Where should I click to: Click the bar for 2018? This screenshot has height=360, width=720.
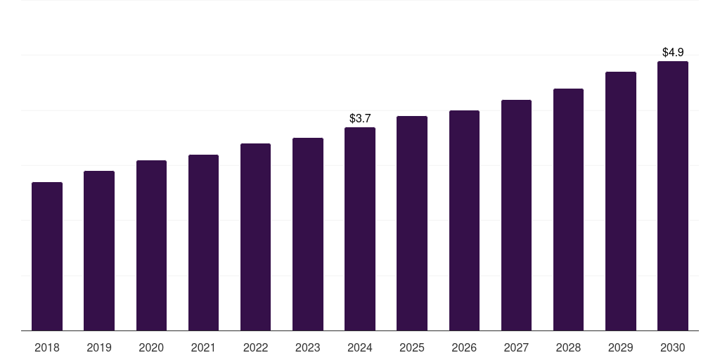47,257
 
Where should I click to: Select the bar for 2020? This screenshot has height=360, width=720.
151,245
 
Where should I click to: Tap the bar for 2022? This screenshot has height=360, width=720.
255,237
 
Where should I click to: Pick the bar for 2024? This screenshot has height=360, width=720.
360,229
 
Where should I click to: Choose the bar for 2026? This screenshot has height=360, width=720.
464,221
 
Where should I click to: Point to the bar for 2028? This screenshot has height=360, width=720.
568,210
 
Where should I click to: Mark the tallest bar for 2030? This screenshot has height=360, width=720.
672,196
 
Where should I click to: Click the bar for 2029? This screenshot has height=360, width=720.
620,201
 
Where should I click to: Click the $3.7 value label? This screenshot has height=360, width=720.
360,118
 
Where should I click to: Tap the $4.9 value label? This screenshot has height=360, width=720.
673,52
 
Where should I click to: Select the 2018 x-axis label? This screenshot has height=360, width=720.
47,348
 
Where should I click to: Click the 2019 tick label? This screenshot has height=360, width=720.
99,348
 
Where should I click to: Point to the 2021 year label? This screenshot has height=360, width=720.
203,348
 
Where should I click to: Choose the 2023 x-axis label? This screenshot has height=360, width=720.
308,348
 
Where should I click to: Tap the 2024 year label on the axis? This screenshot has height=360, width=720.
360,348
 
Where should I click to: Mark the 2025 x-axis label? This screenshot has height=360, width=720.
412,348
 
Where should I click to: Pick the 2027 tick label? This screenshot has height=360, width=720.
516,348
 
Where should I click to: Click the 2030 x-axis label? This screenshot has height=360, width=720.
672,348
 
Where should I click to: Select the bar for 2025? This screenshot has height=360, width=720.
412,224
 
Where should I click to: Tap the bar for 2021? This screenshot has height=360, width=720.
203,243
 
